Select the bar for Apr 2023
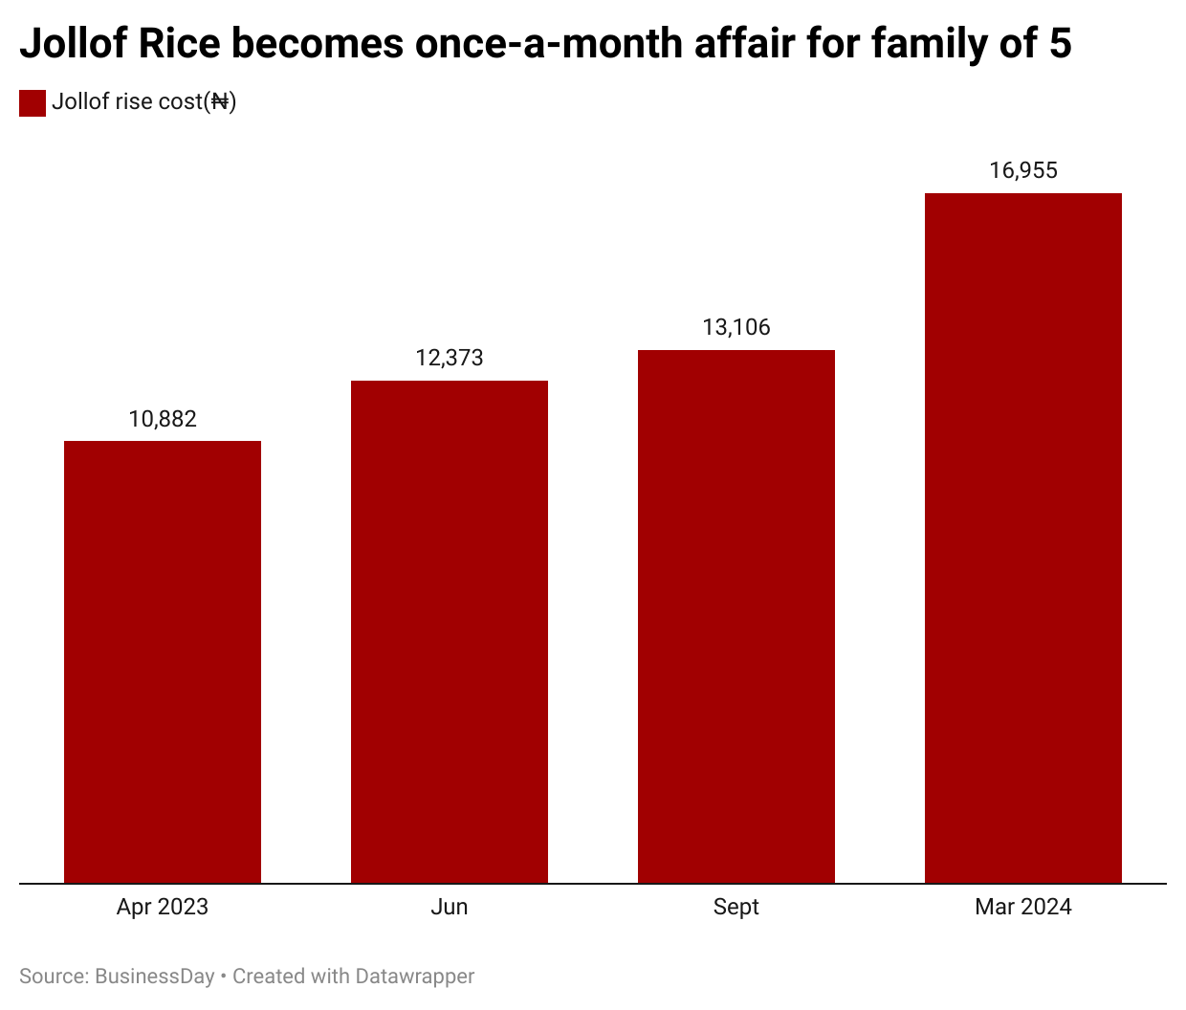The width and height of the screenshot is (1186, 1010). (163, 662)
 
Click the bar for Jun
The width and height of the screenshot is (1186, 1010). (450, 631)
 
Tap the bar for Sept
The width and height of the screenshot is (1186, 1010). (736, 616)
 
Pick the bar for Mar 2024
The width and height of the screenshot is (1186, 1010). (1023, 538)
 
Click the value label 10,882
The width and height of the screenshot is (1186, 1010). (163, 419)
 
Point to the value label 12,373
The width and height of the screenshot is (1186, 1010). (450, 358)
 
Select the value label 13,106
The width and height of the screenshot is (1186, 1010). (736, 327)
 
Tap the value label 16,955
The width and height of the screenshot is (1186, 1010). (1023, 170)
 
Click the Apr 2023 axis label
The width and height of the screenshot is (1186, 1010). (163, 907)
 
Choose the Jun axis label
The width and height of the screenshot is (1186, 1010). (450, 907)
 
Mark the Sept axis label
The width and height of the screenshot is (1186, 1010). (736, 907)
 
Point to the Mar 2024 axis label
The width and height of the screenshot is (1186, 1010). (1023, 907)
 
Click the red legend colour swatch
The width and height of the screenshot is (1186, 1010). (33, 102)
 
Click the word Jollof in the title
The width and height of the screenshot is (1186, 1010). (73, 44)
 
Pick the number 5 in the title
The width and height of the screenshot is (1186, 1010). (1060, 44)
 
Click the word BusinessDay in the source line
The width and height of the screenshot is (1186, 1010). (155, 977)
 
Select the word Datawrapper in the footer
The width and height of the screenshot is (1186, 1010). (414, 977)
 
